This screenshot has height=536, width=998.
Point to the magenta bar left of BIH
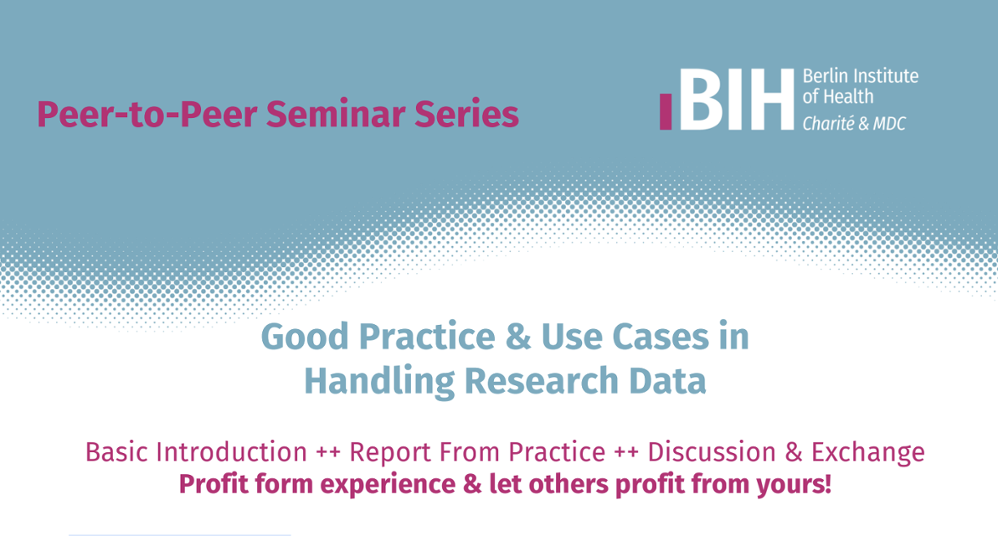pyautogui.click(x=666, y=111)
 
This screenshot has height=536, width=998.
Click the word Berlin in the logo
pyautogui.click(x=822, y=77)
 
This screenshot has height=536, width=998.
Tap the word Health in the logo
pyautogui.click(x=847, y=96)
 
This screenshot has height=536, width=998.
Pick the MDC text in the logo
pyautogui.click(x=889, y=123)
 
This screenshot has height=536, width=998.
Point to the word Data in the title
pyautogui.click(x=670, y=381)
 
